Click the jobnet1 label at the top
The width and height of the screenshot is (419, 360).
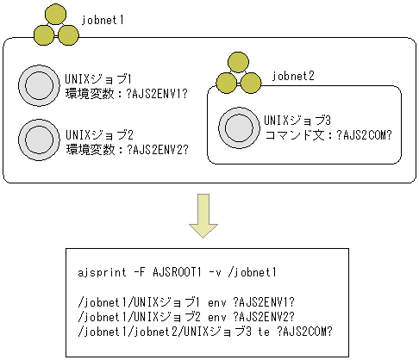pos(104,18)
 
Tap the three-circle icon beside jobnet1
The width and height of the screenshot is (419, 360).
pos(53,24)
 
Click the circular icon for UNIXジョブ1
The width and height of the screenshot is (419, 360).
pos(38,85)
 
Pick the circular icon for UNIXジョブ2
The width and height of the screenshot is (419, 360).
pos(38,138)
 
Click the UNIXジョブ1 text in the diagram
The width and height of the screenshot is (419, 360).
pos(98,78)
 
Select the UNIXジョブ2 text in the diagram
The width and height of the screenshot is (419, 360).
pos(98,135)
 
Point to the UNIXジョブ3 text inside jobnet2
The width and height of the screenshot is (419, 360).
pos(297,119)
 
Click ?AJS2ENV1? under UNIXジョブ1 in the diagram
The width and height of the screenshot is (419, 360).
pos(159,92)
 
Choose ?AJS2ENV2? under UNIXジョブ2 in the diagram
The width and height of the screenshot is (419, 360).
pos(159,149)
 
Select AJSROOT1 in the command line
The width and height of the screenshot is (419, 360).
pos(175,273)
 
